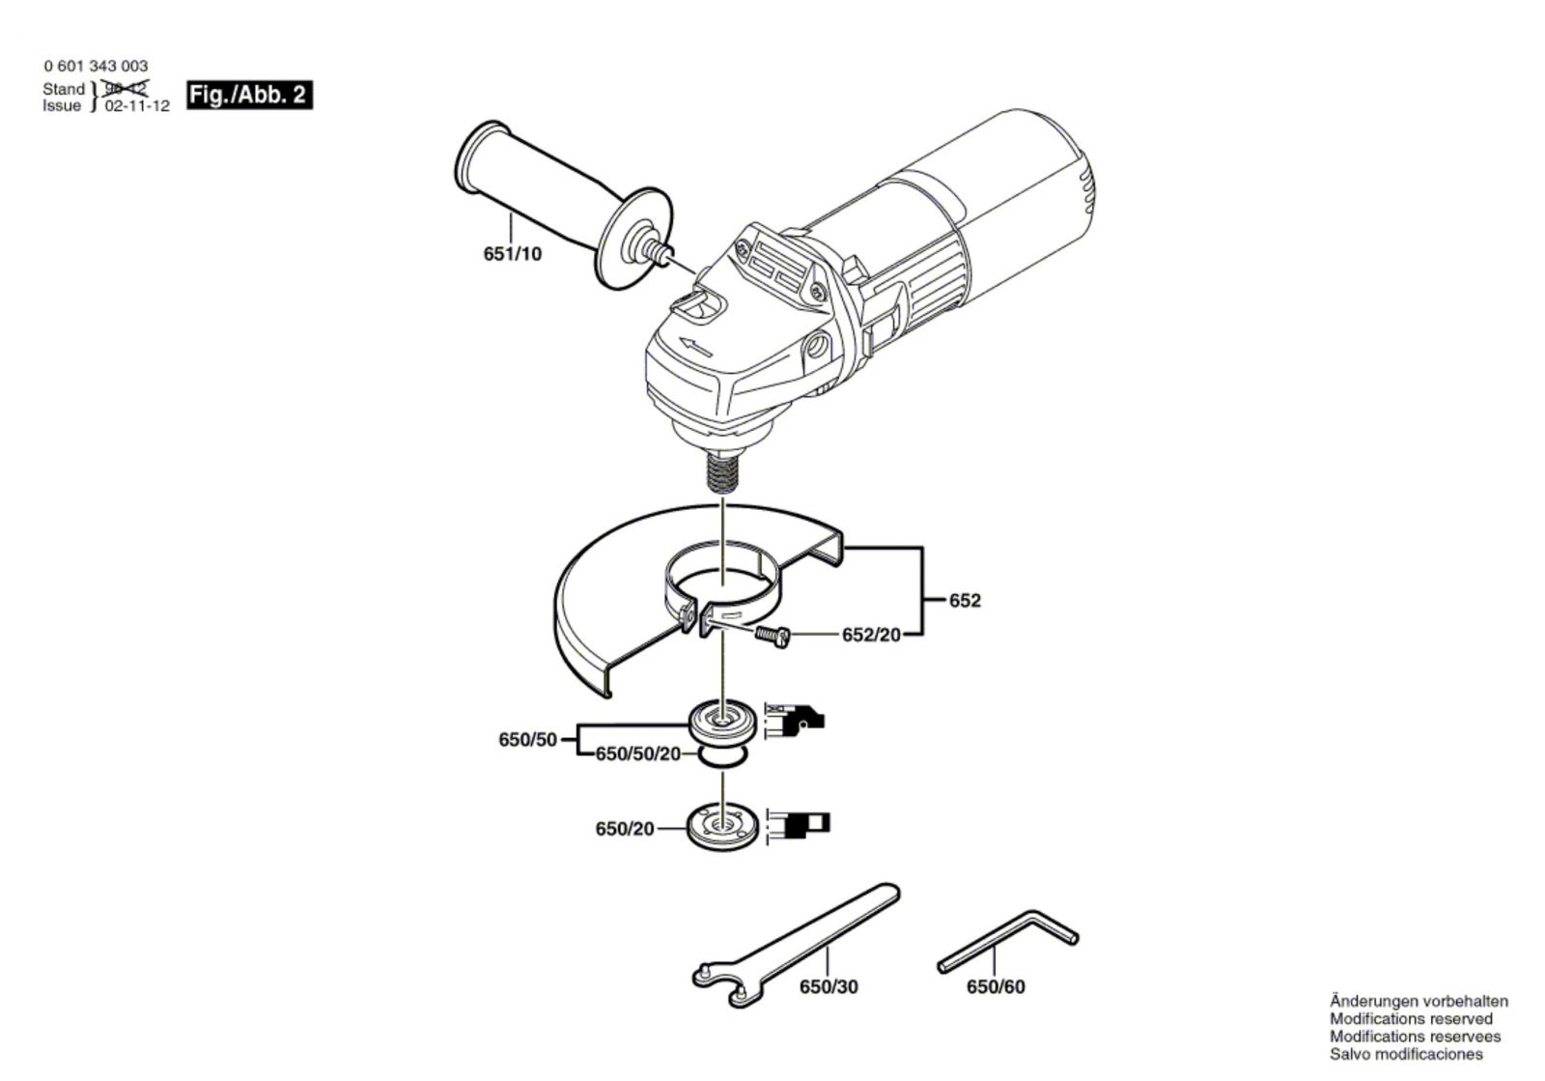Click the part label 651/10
pos(512,254)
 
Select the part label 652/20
pos(871,635)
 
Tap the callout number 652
pos(965,600)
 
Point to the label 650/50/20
pos(638,754)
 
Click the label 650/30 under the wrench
pos(829,987)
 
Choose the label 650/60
pos(996,987)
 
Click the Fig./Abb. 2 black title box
pos(248,95)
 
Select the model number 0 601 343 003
pos(96,66)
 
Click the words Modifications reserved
pos(1410,1018)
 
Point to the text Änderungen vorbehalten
pos(1418,1001)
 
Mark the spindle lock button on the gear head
pos(697,306)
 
